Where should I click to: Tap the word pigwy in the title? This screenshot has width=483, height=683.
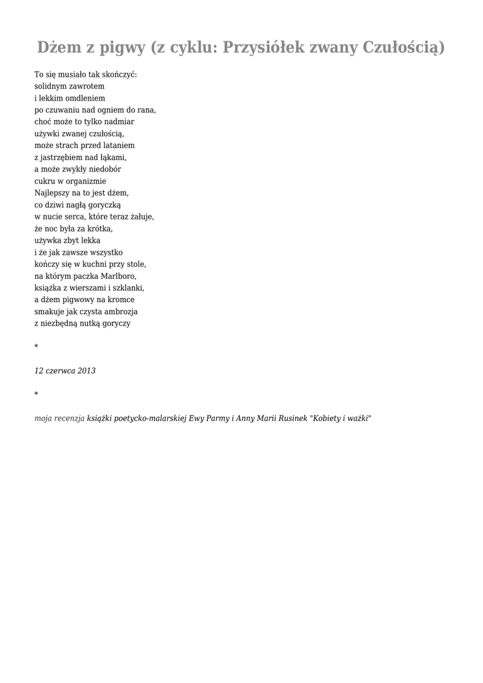[123, 47]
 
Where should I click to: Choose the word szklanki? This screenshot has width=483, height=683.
[129, 287]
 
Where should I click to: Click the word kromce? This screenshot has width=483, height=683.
[121, 299]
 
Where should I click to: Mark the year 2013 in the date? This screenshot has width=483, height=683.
[86, 371]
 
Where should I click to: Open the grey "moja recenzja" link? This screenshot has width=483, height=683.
[59, 418]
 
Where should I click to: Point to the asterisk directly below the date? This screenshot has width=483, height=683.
[36, 395]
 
